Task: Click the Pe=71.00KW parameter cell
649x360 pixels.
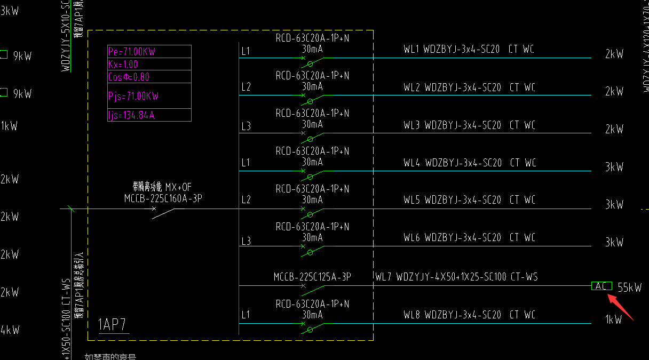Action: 132,52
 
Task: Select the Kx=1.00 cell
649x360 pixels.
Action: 123,65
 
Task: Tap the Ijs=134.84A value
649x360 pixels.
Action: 131,115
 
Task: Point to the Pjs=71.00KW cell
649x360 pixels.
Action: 133,97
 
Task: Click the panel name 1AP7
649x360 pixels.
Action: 112,325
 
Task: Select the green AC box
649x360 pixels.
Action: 601,286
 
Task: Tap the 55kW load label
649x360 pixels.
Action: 630,287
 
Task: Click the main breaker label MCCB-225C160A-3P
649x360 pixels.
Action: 163,199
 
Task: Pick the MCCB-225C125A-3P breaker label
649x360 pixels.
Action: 312,277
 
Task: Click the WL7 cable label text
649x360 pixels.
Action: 456,277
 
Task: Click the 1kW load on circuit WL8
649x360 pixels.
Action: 614,320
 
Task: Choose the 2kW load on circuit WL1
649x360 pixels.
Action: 614,54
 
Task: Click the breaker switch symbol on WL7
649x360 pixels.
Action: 313,289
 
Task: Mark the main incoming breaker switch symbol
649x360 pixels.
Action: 163,212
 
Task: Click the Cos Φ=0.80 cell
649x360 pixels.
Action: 129,77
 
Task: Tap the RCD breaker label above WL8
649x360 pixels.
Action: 312,304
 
